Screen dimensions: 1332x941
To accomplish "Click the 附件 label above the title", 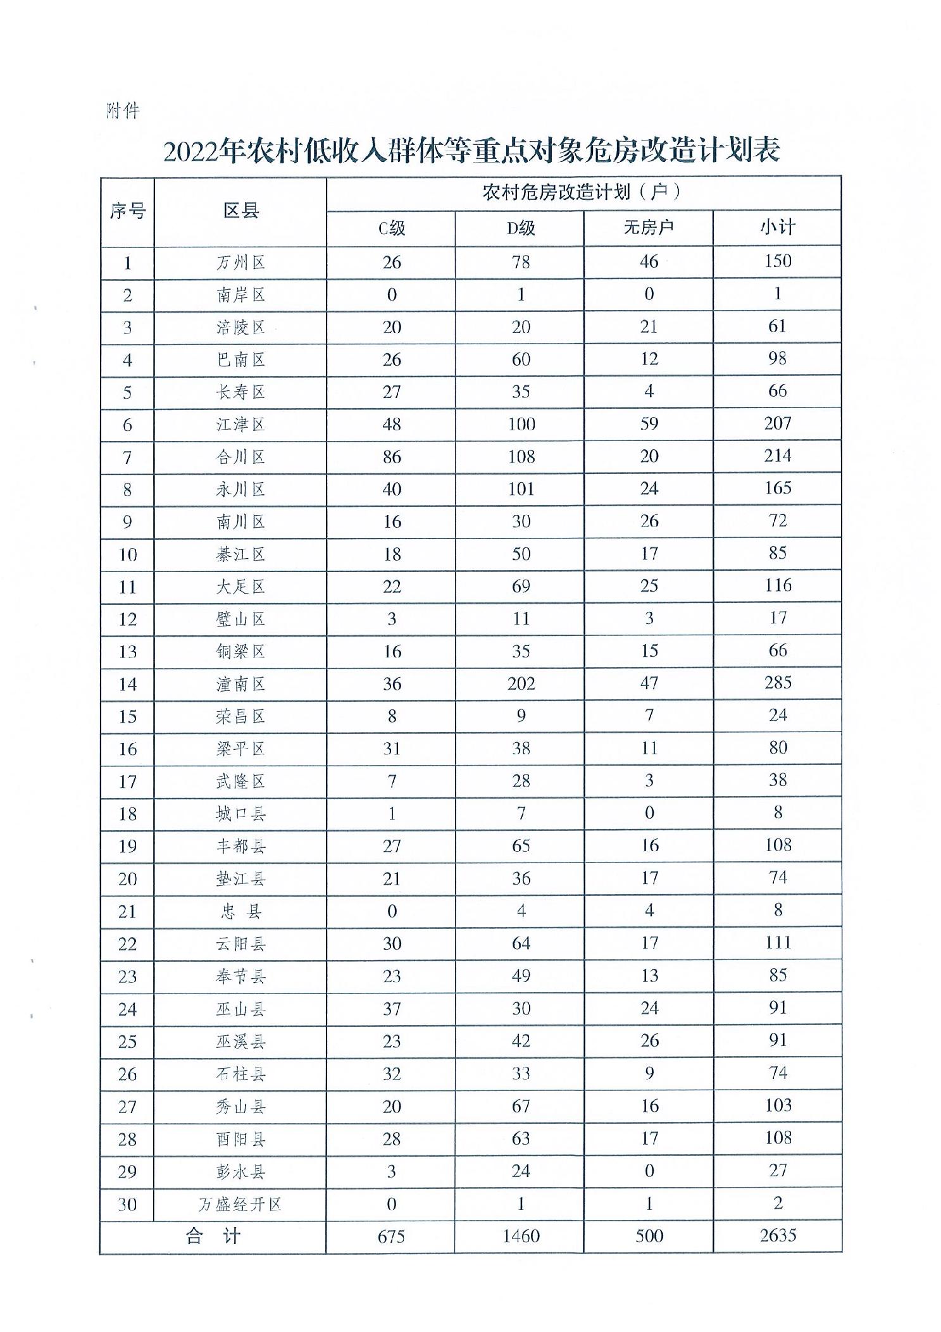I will coord(122,111).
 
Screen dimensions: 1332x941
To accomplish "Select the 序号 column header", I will coord(127,211).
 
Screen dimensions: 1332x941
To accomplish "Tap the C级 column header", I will coord(391,228).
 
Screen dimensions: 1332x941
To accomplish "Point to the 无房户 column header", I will coord(648,227).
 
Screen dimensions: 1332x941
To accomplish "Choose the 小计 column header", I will coord(777,227).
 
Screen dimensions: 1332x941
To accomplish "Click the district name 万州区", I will coord(240,263).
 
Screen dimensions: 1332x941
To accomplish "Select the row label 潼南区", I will coord(240,684).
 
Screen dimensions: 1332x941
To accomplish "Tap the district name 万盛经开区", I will coord(240,1204).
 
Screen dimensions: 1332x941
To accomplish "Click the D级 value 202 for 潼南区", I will coord(521,683).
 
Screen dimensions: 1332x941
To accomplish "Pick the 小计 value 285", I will coord(778,683).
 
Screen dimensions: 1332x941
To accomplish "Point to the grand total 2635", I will coord(778,1235).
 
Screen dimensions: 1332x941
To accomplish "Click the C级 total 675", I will coord(391,1236).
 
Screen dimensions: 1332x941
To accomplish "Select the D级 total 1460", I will coord(521,1236).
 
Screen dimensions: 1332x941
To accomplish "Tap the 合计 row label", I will coord(213,1236).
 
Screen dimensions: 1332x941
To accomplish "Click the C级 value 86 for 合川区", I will coord(392,457).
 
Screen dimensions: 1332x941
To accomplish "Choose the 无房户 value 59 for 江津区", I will coord(649,423).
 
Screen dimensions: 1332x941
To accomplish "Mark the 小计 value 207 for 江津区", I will coord(778,423).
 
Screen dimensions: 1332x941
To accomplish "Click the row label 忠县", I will coord(240,911).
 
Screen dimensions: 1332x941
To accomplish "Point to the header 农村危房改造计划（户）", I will coord(583,192).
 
